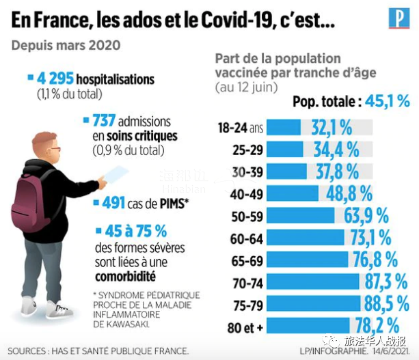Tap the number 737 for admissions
click(x=105, y=121)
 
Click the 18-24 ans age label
click(x=239, y=128)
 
